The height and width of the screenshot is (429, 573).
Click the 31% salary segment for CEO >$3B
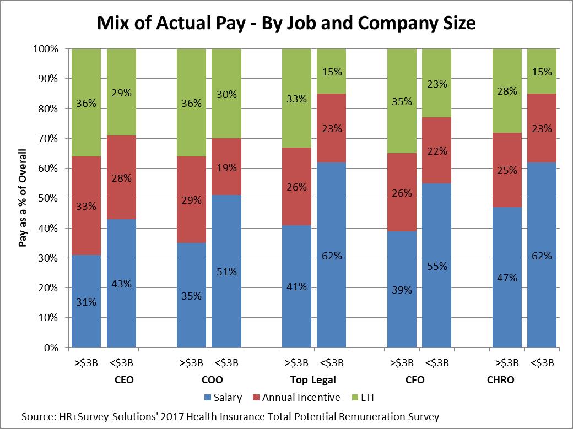pos(86,301)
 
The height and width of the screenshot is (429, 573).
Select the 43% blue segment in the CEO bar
pos(121,284)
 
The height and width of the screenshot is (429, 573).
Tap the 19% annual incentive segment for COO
pos(226,167)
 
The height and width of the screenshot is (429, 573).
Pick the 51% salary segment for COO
pos(226,271)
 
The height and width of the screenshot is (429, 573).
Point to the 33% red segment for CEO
pos(86,206)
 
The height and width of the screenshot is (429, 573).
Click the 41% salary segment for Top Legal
pos(296,286)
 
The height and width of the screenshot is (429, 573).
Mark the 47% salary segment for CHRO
pos(507,278)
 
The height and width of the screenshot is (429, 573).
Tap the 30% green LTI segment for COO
pos(226,94)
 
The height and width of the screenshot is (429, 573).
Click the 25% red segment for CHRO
pos(507,171)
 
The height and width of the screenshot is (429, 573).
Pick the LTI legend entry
pos(368,398)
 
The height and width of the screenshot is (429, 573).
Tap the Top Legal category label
pos(313,380)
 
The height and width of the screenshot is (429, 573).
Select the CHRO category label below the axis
pos(500,380)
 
